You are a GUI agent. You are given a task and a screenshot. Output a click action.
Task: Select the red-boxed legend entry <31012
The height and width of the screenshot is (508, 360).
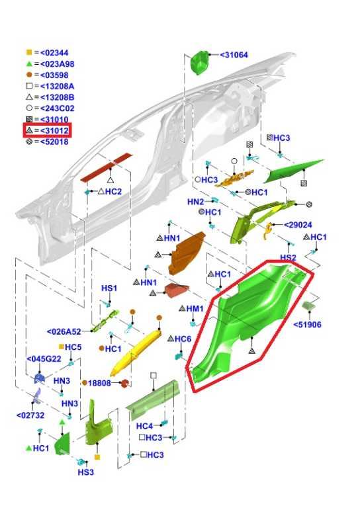pyautogui.click(x=47, y=130)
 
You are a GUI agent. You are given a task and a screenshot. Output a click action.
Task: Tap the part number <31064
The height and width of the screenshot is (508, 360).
pyautogui.click(x=234, y=55)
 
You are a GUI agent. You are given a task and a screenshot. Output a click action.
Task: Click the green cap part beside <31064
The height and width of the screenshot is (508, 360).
pyautogui.click(x=200, y=63)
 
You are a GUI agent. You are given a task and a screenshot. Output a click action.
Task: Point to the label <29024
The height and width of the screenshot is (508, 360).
pyautogui.click(x=298, y=225)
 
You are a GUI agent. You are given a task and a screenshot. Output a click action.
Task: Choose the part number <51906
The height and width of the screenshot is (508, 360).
pyautogui.click(x=307, y=325)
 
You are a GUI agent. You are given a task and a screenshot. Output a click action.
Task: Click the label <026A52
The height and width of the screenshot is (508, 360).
pyautogui.click(x=64, y=332)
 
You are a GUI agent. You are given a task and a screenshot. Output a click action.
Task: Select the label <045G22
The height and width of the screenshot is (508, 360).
pyautogui.click(x=44, y=359)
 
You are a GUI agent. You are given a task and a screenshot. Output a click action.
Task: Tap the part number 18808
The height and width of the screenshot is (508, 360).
pyautogui.click(x=99, y=383)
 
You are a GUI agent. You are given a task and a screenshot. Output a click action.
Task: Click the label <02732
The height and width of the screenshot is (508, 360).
pyautogui.click(x=30, y=415)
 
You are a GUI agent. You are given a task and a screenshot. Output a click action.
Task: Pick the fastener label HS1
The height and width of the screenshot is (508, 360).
pyautogui.click(x=109, y=288)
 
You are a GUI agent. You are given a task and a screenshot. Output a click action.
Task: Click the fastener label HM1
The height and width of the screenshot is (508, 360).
pyautogui.click(x=195, y=309)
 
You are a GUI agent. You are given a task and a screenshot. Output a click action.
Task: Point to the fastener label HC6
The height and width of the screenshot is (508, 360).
pyautogui.click(x=183, y=339)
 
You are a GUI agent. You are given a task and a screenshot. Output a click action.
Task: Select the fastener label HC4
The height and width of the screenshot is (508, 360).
pyautogui.click(x=144, y=427)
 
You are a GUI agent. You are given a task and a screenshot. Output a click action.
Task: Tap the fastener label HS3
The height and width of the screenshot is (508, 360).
pyautogui.click(x=86, y=472)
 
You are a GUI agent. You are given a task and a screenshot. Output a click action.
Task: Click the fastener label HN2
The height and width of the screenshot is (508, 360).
pyautogui.click(x=196, y=202)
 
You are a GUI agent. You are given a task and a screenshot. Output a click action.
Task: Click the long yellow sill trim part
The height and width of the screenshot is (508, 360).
pyautogui.click(x=136, y=353)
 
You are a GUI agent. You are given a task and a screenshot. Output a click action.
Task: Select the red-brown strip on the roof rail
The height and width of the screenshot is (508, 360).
pyautogui.click(x=107, y=167)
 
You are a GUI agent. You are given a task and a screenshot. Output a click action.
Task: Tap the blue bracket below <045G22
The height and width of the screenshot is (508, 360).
pyautogui.click(x=39, y=378)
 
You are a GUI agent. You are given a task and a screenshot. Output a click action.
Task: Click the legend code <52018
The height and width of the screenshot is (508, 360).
pyautogui.click(x=54, y=142)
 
